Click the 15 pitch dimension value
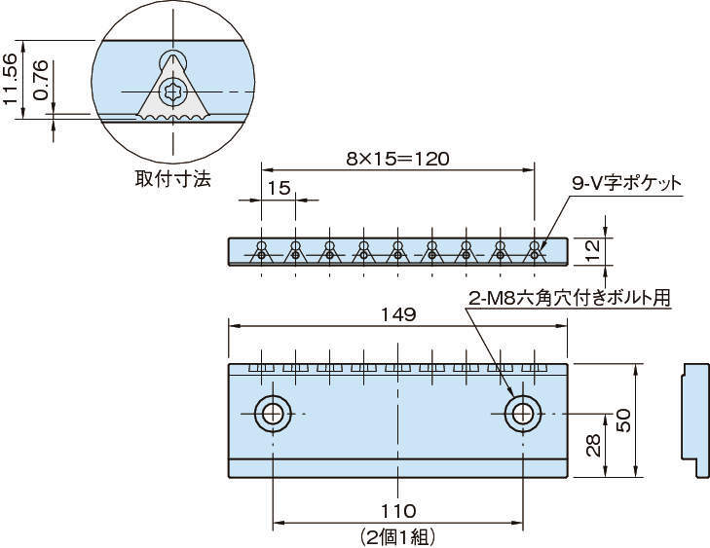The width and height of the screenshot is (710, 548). (278, 189)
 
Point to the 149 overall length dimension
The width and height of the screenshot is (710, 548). (398, 315)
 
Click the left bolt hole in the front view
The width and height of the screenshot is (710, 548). (273, 414)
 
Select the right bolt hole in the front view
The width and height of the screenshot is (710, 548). (523, 414)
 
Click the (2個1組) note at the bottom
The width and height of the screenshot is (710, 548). (398, 535)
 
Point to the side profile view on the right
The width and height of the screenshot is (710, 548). (694, 420)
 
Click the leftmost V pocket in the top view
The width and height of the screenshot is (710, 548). (261, 251)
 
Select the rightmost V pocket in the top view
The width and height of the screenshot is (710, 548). (535, 251)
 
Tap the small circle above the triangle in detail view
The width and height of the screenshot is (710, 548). (172, 59)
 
